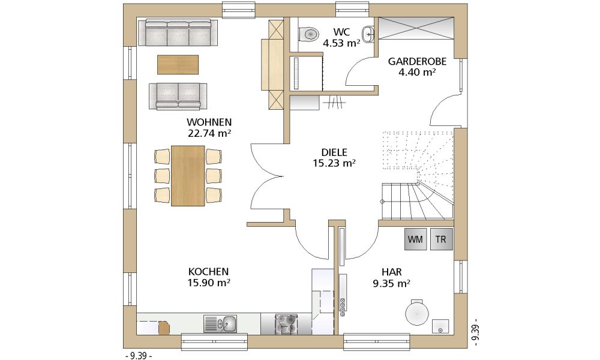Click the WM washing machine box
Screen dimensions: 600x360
point(416,239)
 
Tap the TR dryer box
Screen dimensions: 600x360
point(441,239)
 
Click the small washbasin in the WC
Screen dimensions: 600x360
point(368,34)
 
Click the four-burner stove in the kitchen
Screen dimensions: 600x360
point(286,325)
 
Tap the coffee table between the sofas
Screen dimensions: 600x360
point(178,65)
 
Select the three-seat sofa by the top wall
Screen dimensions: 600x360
point(178,33)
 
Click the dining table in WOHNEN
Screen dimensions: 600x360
point(188,176)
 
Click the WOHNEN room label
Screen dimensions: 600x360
point(209,122)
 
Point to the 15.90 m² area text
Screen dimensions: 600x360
point(209,283)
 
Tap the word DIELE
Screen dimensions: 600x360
point(334,152)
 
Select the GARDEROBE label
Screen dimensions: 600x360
point(417,62)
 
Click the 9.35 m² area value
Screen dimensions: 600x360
point(391,283)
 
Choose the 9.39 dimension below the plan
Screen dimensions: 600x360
point(138,356)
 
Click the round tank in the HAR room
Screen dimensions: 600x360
point(418,312)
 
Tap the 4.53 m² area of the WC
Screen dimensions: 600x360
point(341,43)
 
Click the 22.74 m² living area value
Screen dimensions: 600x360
point(209,134)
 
